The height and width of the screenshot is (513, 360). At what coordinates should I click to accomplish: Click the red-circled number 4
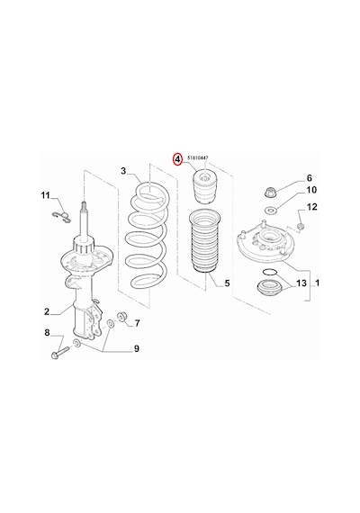177,159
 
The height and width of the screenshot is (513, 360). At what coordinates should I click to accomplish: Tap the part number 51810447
198,157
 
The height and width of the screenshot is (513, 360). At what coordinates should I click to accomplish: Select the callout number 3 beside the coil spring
123,171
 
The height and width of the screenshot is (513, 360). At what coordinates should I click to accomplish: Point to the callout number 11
46,195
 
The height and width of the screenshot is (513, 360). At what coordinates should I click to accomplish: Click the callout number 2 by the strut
47,311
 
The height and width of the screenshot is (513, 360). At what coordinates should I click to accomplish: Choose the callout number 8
47,333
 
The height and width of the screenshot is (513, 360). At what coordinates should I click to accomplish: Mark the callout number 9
137,349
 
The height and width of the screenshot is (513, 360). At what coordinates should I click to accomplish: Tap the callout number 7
137,323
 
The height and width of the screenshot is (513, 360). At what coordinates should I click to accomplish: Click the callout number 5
227,283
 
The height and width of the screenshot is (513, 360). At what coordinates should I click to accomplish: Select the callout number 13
301,283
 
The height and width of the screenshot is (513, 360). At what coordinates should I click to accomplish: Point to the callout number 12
312,207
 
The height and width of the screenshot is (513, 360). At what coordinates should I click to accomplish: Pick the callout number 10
311,190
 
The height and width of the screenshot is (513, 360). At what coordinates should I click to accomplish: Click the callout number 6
310,178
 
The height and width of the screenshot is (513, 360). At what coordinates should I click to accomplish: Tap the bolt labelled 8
59,352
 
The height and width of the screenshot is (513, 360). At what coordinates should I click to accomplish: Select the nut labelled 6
270,192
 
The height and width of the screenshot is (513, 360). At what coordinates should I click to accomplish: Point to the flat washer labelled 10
270,210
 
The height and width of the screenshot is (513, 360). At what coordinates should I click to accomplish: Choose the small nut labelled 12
301,226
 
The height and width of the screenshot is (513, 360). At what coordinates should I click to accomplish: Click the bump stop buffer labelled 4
204,187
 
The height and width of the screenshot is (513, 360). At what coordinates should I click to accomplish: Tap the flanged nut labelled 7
122,317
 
